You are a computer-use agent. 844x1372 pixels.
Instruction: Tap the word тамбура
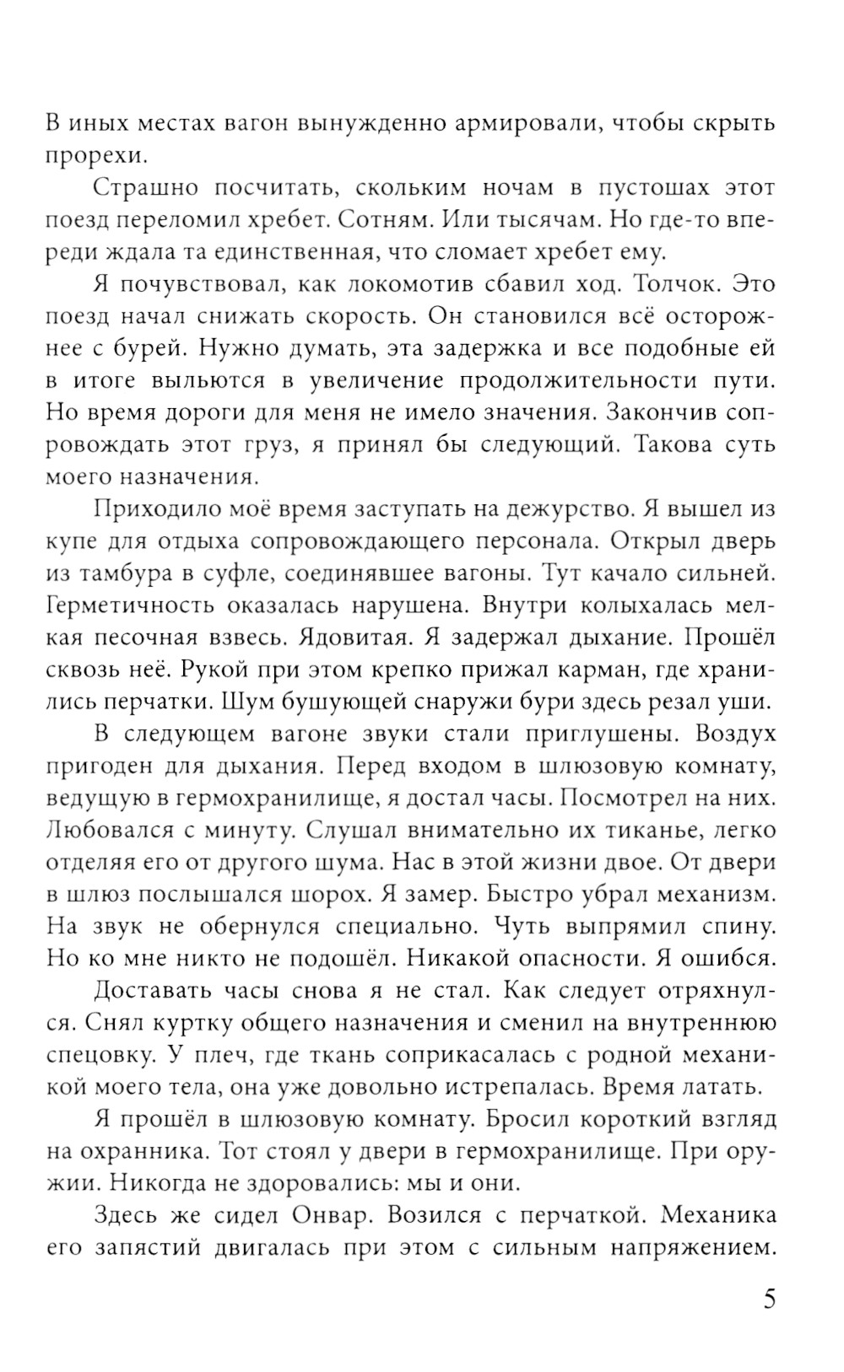[122, 573]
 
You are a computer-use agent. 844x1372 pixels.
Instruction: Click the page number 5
[768, 1298]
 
